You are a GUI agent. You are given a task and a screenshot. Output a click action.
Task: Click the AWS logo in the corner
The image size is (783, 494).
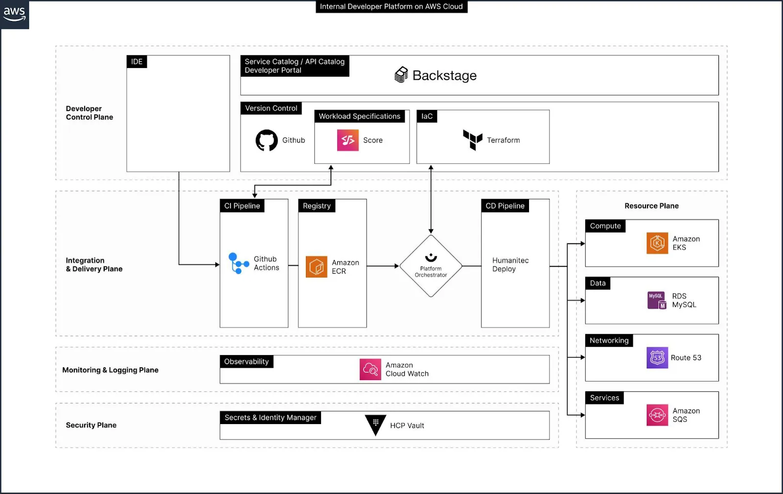pyautogui.click(x=14, y=14)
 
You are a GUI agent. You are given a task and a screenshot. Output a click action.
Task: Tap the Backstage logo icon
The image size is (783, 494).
pyautogui.click(x=401, y=75)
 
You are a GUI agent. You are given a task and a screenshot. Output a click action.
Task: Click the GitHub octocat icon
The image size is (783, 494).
pyautogui.click(x=267, y=140)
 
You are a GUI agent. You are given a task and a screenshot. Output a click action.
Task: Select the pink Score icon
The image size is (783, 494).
pyautogui.click(x=348, y=140)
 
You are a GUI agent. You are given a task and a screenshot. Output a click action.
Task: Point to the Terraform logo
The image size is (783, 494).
pyautogui.click(x=473, y=140)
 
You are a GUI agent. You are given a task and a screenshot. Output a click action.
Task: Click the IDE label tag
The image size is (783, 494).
pyautogui.click(x=137, y=62)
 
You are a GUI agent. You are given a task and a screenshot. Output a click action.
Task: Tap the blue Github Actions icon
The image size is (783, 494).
pyautogui.click(x=238, y=263)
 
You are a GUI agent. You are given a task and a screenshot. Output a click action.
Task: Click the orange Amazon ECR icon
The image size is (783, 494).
pyautogui.click(x=317, y=267)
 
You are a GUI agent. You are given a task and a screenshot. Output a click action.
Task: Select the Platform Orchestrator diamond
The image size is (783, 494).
pyautogui.click(x=431, y=266)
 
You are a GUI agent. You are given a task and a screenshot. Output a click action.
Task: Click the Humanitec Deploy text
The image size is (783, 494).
pyautogui.click(x=510, y=265)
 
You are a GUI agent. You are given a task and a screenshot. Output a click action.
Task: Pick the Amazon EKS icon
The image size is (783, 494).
pyautogui.click(x=657, y=243)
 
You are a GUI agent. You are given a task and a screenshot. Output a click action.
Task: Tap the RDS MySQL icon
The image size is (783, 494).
pyautogui.click(x=657, y=300)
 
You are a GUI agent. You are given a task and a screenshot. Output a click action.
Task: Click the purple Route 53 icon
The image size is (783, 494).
pyautogui.click(x=657, y=358)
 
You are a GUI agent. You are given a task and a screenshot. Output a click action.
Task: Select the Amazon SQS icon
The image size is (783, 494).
pyautogui.click(x=657, y=415)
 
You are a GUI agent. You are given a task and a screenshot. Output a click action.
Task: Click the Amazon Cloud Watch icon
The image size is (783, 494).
pyautogui.click(x=370, y=369)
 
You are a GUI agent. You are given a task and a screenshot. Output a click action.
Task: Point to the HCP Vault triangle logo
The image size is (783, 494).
pyautogui.click(x=375, y=424)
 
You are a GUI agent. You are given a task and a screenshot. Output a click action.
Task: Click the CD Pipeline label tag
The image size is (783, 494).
pyautogui.click(x=505, y=206)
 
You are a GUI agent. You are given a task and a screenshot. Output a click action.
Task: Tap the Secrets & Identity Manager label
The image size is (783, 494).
pyautogui.click(x=270, y=418)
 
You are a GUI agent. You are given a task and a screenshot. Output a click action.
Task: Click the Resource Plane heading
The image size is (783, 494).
pyautogui.click(x=651, y=206)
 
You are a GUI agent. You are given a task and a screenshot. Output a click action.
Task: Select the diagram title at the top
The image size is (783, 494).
pyautogui.click(x=391, y=6)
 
